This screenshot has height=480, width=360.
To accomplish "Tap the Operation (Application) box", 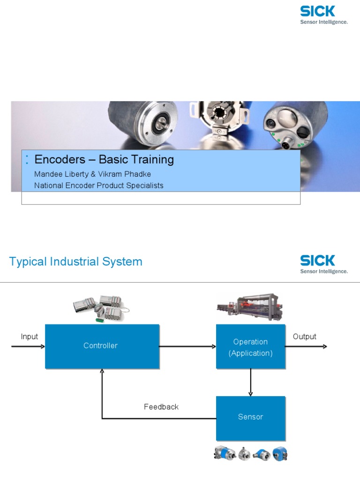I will [250, 347].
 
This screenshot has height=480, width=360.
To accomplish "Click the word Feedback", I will [161, 407].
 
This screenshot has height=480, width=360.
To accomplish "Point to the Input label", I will [29, 337].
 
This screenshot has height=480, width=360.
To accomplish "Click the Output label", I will [304, 337].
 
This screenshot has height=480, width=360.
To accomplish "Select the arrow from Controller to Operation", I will [187, 347].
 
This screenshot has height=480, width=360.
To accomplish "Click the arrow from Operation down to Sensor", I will [251, 382].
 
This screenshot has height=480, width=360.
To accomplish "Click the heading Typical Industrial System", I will [75, 262].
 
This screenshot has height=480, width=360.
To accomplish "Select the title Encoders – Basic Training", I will [104, 159].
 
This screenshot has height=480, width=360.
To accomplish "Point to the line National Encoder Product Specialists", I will [99, 186].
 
